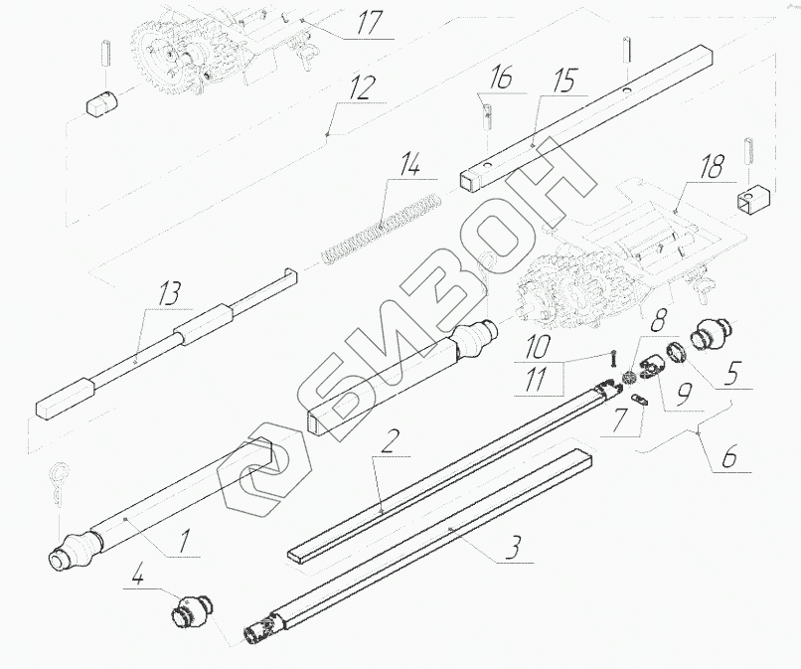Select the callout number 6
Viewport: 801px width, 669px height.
point(730,459)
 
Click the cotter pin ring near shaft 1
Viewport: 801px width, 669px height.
point(59,483)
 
